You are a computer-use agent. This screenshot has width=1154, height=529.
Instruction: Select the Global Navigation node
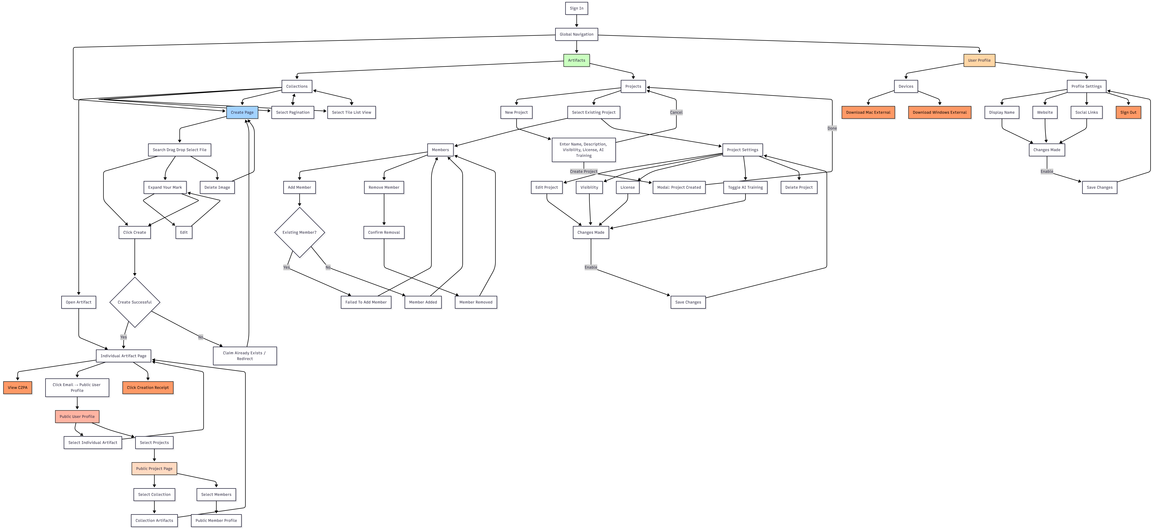point(576,34)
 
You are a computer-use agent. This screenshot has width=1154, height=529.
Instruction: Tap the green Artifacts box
point(576,60)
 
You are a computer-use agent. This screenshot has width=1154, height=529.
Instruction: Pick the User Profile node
point(979,60)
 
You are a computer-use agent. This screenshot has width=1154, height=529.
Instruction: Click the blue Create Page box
point(242,112)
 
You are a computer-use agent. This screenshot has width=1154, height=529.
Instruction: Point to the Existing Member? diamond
point(299,232)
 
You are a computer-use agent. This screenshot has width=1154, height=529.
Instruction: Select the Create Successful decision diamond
point(134,302)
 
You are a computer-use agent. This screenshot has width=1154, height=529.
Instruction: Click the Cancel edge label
point(676,112)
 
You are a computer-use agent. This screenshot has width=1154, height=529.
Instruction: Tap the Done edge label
point(832,128)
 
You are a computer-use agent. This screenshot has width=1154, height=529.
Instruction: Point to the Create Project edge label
point(583,171)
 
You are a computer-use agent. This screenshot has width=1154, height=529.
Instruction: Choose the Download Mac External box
point(868,112)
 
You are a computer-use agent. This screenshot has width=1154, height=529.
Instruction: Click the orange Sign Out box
point(1128,112)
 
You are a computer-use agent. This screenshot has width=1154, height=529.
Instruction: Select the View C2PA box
point(17,388)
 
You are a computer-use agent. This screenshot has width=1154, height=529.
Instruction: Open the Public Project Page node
point(154,469)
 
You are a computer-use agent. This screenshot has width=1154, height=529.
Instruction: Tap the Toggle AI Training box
point(745,188)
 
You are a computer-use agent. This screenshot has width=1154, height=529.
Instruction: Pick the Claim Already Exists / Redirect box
point(245,356)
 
